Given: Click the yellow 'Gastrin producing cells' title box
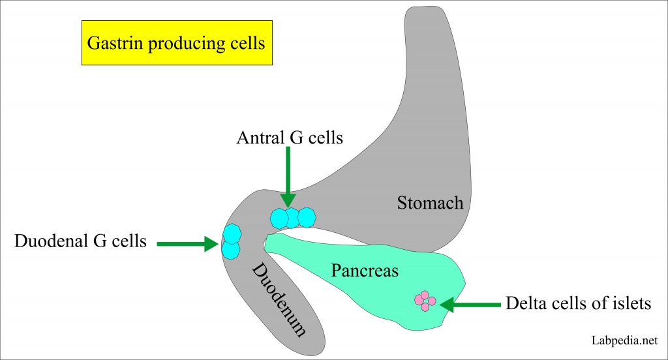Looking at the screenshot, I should click(177, 43).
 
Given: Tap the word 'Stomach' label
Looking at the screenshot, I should click(430, 203).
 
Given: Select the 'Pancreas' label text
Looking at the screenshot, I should click(364, 270).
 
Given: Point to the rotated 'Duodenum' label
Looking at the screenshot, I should click(279, 299).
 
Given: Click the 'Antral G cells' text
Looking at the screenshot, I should click(290, 138).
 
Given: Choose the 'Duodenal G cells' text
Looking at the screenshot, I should click(80, 241).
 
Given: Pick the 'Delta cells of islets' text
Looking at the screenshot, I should click(578, 303).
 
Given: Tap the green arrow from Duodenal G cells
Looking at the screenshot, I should click(189, 243).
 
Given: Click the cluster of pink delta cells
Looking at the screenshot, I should click(425, 301).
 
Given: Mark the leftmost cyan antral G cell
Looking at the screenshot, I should click(279, 218).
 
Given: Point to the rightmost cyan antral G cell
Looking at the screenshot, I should click(305, 217).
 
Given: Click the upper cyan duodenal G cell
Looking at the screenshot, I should click(232, 233).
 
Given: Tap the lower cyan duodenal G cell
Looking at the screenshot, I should click(231, 249).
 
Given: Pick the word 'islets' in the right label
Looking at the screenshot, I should click(631, 303).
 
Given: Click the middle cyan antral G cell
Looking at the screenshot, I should click(292, 217).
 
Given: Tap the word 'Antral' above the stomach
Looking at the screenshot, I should click(260, 138).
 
